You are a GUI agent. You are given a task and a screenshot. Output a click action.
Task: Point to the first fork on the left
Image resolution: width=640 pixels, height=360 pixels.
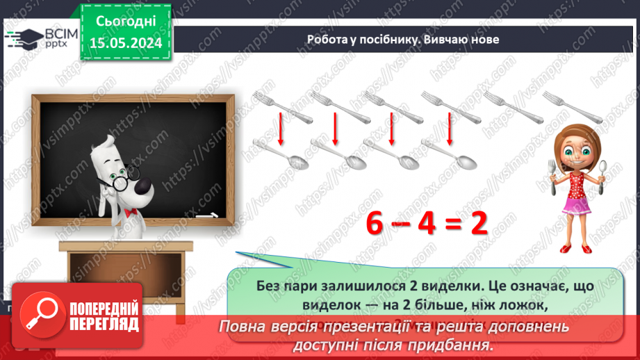273,105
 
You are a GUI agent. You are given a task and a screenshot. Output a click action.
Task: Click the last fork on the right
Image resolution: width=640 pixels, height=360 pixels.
572,106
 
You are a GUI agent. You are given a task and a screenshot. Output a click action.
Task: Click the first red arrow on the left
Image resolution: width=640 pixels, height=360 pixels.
281,128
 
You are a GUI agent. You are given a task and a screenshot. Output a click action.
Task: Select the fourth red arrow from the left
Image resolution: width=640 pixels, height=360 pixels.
450,128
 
